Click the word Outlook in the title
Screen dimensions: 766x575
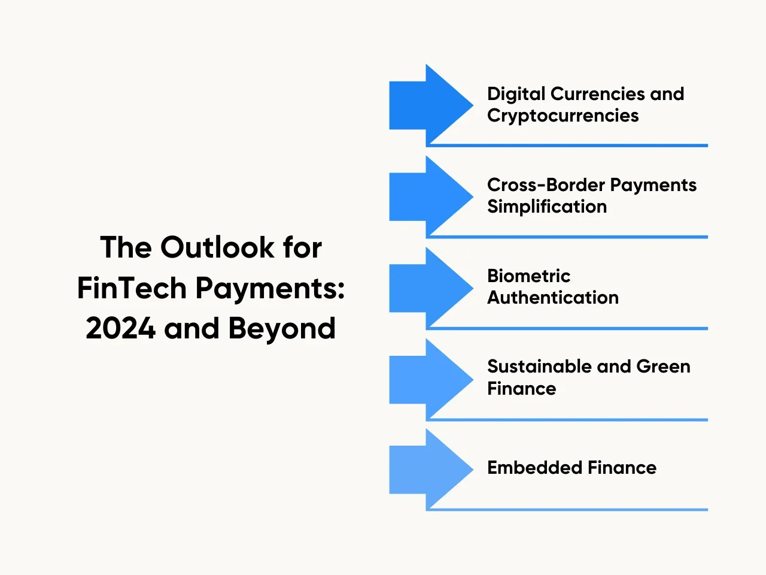point(217,247)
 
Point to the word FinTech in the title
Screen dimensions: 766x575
point(132,288)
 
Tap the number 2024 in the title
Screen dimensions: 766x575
point(120,328)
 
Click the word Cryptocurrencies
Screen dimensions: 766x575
point(563,116)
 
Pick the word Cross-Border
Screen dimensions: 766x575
point(546,184)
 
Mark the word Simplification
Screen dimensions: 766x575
point(547,207)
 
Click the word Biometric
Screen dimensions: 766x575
point(528,276)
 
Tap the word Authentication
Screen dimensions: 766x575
point(553,298)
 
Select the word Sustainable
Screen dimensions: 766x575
point(540,366)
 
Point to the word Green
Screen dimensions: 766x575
point(663,366)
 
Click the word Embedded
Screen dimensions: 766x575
point(535,467)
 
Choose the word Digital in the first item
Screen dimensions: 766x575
point(516,94)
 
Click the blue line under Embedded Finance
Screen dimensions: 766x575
point(567,510)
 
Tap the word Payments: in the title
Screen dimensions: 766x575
point(270,289)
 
